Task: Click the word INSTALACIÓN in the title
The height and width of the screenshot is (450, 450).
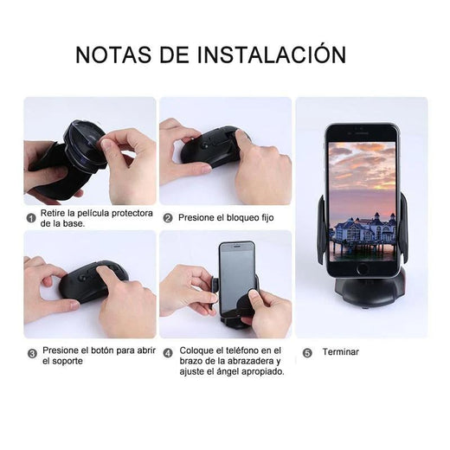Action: click(x=272, y=54)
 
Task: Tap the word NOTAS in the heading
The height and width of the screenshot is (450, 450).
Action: click(x=113, y=55)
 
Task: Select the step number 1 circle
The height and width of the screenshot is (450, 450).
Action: click(x=31, y=218)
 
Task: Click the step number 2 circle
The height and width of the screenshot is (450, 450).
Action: click(x=168, y=218)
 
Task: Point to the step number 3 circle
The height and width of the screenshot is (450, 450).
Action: click(x=32, y=353)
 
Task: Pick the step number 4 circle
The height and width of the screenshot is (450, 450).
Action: click(x=168, y=353)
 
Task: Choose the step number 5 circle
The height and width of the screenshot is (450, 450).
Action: click(x=307, y=353)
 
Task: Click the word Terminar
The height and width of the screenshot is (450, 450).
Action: click(x=341, y=352)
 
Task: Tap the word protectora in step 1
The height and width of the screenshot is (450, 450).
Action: click(x=132, y=214)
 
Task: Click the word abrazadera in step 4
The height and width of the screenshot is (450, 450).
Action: click(x=251, y=361)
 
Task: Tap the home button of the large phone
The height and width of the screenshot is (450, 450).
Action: click(x=363, y=269)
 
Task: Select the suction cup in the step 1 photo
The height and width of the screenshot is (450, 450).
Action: click(x=86, y=145)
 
